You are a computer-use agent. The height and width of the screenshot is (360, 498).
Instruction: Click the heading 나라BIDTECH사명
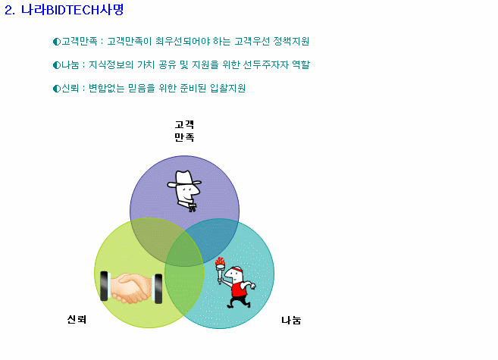pos(72,10)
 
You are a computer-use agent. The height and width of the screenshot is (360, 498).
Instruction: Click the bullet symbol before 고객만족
pos(57,42)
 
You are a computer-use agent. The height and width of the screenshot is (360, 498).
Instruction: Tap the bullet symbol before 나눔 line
pos(57,65)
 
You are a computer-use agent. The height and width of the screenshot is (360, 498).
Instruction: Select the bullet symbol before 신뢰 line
pos(57,89)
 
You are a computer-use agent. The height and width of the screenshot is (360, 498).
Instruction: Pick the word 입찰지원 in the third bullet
pos(227,88)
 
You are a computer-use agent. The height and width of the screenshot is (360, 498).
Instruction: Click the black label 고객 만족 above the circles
pos(184,131)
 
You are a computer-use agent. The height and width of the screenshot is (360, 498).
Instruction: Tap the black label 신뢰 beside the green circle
pos(77,319)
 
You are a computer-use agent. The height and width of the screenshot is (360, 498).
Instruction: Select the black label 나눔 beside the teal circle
pos(291,321)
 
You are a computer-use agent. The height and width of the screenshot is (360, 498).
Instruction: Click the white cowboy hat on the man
pos(184,178)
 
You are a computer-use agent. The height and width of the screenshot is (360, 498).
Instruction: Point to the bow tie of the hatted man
pos(193,208)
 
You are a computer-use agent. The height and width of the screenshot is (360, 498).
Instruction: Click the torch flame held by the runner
pos(220,261)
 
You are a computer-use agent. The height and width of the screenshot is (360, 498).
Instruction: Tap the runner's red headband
pos(236,270)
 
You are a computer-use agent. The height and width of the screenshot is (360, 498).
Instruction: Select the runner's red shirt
pos(239,289)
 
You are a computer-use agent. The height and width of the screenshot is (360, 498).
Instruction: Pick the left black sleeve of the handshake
pos(104,286)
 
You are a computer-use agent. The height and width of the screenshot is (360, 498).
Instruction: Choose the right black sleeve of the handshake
pos(158,289)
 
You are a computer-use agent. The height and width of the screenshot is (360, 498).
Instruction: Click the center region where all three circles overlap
pos(184,252)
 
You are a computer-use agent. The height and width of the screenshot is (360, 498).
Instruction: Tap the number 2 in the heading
pos(8,10)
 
